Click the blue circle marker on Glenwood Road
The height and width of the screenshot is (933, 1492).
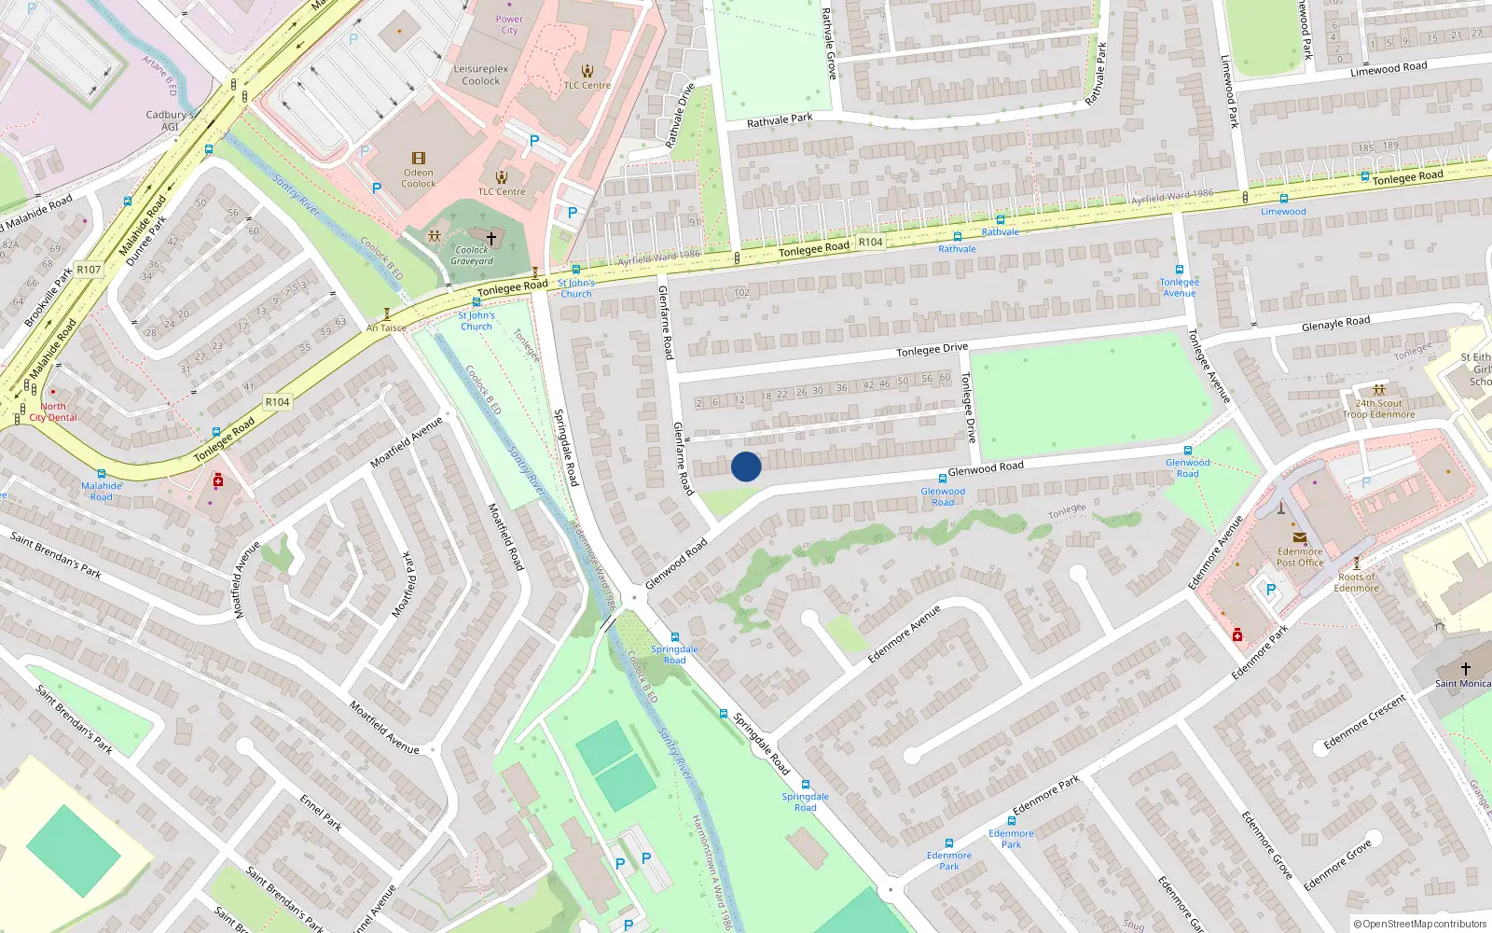click(x=746, y=466)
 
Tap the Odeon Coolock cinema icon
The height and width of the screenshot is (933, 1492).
click(x=418, y=159)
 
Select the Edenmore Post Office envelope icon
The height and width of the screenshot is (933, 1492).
click(x=1299, y=537)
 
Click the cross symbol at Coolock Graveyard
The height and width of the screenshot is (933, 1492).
click(x=491, y=238)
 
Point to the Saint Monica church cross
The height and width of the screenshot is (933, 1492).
click(x=1465, y=668)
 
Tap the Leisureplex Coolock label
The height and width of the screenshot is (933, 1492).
click(x=480, y=75)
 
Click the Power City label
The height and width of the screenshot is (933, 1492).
click(x=509, y=24)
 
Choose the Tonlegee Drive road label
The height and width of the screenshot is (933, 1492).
click(x=932, y=349)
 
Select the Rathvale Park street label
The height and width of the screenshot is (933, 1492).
click(x=780, y=120)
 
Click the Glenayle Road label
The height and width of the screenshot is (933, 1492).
click(x=1335, y=324)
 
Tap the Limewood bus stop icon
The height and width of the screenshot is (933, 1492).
click(x=1283, y=199)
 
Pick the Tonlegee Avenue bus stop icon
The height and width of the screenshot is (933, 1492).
click(x=1179, y=270)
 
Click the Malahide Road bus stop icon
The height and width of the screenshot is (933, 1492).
click(x=101, y=474)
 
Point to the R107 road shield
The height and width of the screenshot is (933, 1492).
click(x=89, y=270)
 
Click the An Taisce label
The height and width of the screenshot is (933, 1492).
click(x=386, y=327)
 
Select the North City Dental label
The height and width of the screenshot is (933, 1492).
click(x=53, y=411)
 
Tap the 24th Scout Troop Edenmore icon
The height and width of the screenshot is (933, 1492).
click(x=1379, y=390)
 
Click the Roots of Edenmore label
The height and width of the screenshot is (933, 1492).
click(x=1356, y=582)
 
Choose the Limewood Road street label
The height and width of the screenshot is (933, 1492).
click(x=1388, y=69)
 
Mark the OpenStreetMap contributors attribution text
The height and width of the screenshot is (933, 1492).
click(x=1419, y=924)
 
